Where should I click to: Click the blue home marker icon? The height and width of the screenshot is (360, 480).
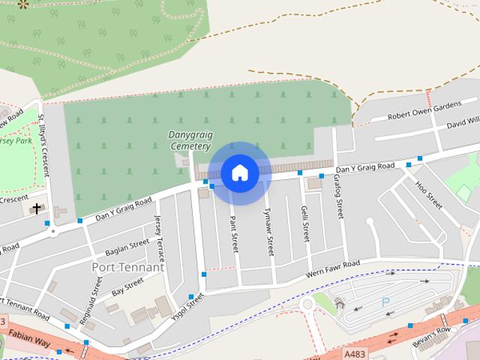click(x=239, y=173)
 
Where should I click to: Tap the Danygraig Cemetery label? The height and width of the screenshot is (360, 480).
click(x=190, y=139)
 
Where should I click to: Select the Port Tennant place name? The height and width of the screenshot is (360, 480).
click(x=127, y=267)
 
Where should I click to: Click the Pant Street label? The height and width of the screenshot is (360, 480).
click(x=234, y=233)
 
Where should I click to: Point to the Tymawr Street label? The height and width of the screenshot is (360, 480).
click(x=268, y=232)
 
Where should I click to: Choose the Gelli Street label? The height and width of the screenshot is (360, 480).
click(x=304, y=223)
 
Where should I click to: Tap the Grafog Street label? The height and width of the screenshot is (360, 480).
click(x=339, y=197)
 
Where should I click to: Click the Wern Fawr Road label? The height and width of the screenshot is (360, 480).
click(x=334, y=268)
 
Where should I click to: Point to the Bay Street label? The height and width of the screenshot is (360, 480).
click(x=127, y=286)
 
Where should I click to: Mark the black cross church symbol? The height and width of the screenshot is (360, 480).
click(x=37, y=208)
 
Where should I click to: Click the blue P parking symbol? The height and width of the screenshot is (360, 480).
click(x=385, y=301)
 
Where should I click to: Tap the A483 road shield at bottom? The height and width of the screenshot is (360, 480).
click(x=355, y=352)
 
